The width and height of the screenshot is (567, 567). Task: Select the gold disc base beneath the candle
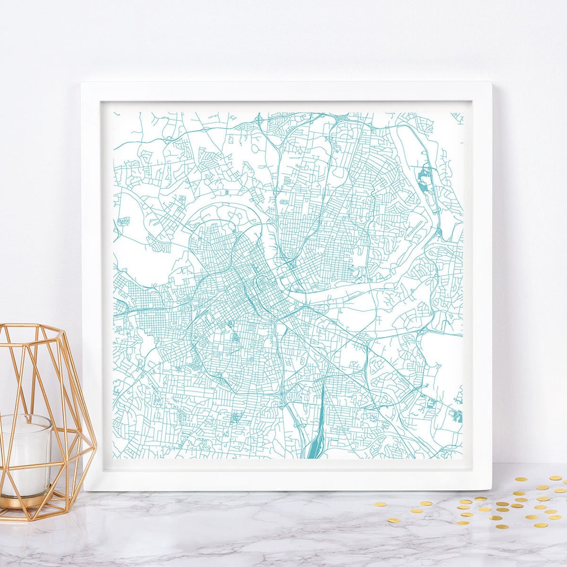pyautogui.click(x=26, y=501)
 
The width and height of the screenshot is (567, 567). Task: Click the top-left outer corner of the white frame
pyautogui.click(x=81, y=82)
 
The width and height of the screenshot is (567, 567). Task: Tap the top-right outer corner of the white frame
pyautogui.click(x=491, y=82)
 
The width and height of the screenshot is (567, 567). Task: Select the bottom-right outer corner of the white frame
pyautogui.click(x=491, y=489)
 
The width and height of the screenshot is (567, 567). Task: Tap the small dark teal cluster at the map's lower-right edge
pyautogui.click(x=457, y=416)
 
